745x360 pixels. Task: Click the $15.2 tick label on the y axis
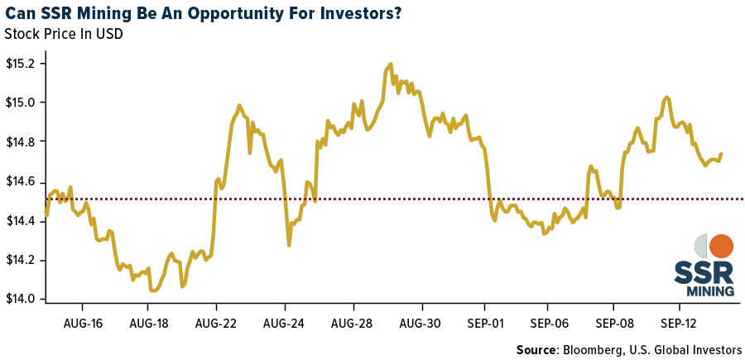[x=19, y=64]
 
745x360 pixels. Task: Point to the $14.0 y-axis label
[x=19, y=300]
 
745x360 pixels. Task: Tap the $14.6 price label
[x=19, y=181]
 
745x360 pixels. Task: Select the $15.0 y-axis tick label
[x=19, y=103]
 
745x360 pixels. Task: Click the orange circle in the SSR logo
[x=721, y=246]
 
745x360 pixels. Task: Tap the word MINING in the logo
[x=710, y=290]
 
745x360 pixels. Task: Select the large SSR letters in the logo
[x=704, y=272]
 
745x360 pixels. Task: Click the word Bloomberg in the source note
[x=594, y=349]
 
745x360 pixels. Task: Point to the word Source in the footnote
[x=537, y=349]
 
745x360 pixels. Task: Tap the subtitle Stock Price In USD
[x=64, y=35]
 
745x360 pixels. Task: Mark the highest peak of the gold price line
[x=390, y=64]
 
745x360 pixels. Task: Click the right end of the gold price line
[x=721, y=153]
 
